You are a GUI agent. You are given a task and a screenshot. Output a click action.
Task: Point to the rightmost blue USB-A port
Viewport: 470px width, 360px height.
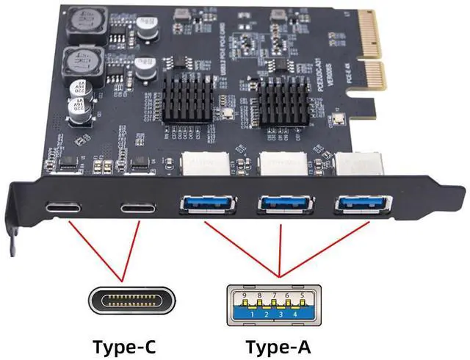click(360, 201)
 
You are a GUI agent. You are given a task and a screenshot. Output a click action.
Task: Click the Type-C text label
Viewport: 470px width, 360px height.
click(124, 345)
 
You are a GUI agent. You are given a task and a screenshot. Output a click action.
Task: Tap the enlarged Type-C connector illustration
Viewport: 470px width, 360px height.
click(126, 300)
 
